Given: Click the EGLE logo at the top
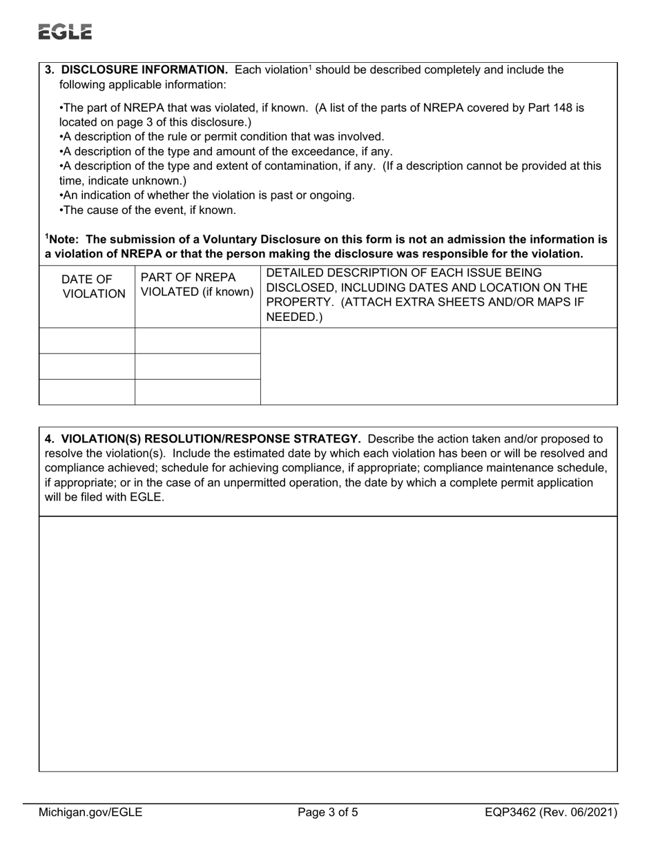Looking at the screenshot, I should pyautogui.click(x=65, y=32).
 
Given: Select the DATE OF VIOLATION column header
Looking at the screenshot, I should pyautogui.click(x=87, y=286).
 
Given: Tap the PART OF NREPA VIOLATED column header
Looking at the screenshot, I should pyautogui.click(x=197, y=284).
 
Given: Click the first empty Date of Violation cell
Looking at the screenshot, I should pyautogui.click(x=87, y=341).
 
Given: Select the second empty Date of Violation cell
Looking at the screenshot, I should pyautogui.click(x=87, y=367).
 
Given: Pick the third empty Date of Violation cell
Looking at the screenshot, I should pyautogui.click(x=87, y=391).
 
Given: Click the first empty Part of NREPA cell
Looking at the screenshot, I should pyautogui.click(x=197, y=341).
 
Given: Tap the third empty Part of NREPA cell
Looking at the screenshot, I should pyautogui.click(x=197, y=391).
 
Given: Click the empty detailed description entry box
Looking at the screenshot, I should pyautogui.click(x=438, y=366).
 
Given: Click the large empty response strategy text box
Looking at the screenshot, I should pyautogui.click(x=328, y=643).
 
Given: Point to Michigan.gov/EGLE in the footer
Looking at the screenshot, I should pyautogui.click(x=90, y=812).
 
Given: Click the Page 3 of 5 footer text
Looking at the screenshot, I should pyautogui.click(x=328, y=812).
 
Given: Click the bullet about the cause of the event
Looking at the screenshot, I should pyautogui.click(x=148, y=210).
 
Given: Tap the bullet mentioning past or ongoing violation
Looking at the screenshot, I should pyautogui.click(x=207, y=195).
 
